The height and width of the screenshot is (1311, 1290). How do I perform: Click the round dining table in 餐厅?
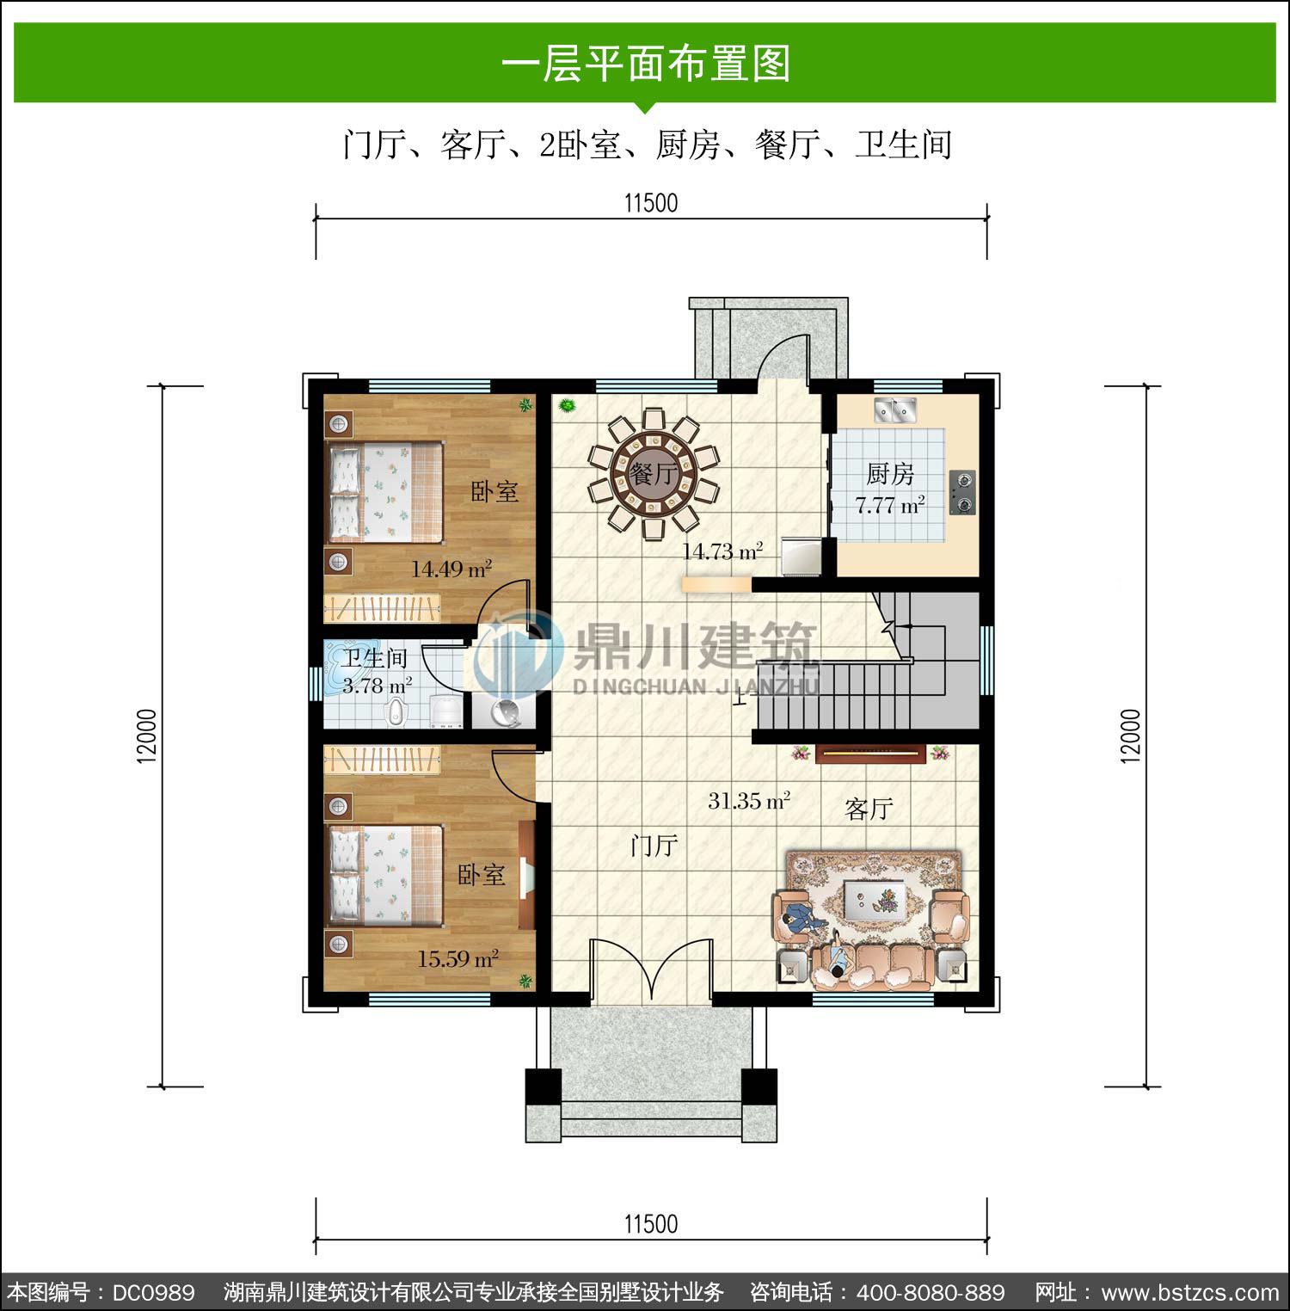point(654,473)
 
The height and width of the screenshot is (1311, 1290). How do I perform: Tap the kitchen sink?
point(895,410)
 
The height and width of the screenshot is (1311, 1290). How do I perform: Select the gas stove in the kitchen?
point(962,492)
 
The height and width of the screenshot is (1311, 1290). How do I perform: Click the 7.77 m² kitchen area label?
point(890,505)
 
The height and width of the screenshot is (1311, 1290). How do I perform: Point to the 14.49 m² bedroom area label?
point(451,569)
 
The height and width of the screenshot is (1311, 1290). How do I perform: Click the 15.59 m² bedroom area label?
point(458,958)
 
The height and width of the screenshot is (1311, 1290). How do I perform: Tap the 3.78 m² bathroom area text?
point(377,686)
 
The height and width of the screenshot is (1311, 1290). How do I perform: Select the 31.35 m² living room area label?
point(748,801)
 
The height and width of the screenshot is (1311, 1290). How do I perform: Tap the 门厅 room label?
point(654,846)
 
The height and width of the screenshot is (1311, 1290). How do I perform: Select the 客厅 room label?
point(869,809)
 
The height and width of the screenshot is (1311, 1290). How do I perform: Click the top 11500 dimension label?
point(651,204)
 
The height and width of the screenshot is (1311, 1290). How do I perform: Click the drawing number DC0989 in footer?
point(154,1292)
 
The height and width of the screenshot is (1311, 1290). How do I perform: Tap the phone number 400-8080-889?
point(931,1292)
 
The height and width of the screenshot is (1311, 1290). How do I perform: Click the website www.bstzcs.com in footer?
point(1190,1292)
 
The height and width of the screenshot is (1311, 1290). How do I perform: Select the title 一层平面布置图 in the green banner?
point(645,64)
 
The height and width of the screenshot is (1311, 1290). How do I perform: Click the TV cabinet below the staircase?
point(870,754)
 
